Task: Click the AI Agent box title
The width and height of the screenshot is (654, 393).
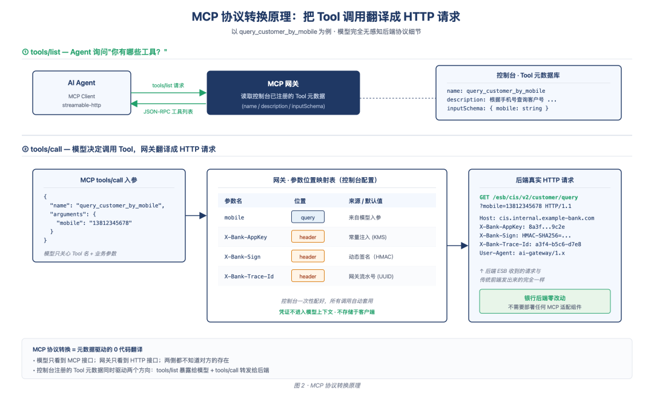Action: tap(81, 82)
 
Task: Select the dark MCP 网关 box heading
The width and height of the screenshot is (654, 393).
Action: tap(283, 84)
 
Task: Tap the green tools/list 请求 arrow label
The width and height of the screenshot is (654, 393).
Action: tap(168, 85)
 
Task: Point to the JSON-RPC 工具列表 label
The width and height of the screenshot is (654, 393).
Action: tap(168, 112)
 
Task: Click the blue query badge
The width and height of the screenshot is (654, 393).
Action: tap(308, 217)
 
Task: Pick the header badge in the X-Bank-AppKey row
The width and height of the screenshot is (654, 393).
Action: tap(308, 237)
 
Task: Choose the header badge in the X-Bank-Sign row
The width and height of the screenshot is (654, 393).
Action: tap(308, 257)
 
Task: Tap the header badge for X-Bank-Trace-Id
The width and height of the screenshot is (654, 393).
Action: tap(308, 276)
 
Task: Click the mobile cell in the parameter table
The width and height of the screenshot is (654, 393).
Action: tap(234, 218)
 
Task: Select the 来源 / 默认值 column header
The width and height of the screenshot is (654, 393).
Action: tap(365, 201)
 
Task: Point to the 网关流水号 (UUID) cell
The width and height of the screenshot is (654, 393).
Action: tap(371, 277)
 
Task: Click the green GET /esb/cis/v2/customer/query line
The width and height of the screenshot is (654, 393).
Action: tap(529, 197)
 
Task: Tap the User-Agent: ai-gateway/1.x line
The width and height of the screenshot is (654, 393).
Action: tap(522, 253)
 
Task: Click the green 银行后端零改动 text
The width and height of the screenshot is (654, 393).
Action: tap(545, 298)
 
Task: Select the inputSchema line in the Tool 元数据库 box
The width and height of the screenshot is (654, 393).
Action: tap(497, 108)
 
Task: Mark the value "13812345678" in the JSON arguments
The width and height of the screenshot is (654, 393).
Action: tap(110, 223)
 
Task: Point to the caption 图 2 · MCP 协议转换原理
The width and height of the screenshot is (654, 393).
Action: tap(327, 386)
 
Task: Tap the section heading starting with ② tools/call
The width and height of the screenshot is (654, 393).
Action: tap(119, 149)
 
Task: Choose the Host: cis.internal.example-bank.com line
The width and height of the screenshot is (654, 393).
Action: tap(537, 218)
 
